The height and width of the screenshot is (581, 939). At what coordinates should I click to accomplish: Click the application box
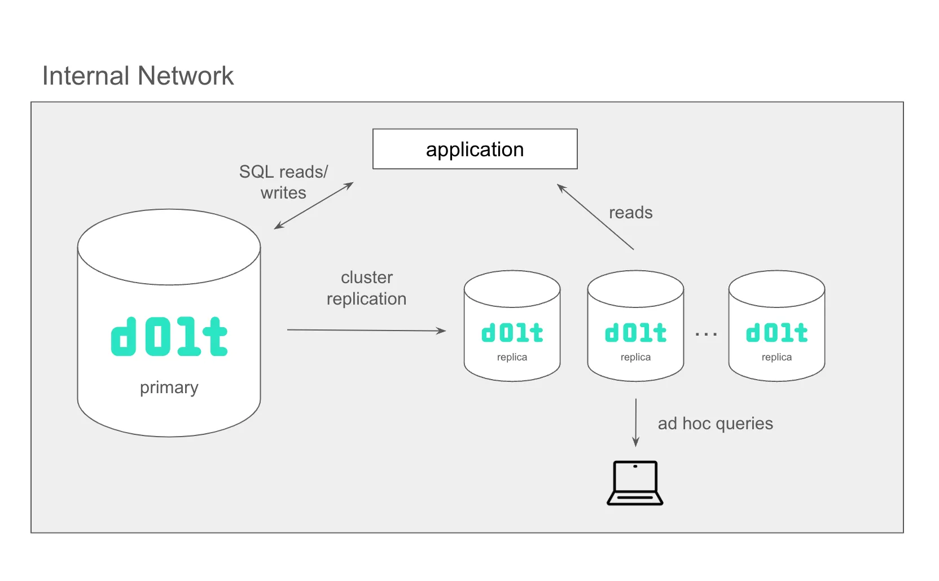(475, 149)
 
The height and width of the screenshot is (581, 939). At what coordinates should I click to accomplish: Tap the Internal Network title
(138, 76)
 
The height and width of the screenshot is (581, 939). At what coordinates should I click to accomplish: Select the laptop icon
(635, 483)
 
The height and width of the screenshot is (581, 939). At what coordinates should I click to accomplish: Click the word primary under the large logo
(169, 388)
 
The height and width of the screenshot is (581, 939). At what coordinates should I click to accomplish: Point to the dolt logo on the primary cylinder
(169, 337)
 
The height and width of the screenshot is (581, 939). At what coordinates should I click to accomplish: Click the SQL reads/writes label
(283, 182)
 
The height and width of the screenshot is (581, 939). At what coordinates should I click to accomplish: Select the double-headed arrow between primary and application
(314, 205)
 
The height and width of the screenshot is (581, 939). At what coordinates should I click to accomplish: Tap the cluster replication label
(366, 288)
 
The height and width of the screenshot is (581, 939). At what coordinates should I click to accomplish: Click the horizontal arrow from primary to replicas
(366, 331)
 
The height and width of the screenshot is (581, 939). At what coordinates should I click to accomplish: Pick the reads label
(630, 213)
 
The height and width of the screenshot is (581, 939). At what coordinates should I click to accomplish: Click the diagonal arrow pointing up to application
(595, 217)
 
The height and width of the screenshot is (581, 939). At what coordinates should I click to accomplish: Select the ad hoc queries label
(715, 424)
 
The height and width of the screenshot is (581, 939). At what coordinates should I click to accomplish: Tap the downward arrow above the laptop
(636, 422)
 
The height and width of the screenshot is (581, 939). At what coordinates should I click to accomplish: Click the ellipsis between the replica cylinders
(706, 334)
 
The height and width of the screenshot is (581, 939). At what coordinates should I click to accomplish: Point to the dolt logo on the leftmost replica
(512, 333)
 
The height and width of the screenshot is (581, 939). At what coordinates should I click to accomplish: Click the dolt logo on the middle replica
(635, 333)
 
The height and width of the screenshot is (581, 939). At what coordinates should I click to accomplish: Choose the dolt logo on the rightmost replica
(776, 333)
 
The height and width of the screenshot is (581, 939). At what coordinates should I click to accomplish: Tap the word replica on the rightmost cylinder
(776, 357)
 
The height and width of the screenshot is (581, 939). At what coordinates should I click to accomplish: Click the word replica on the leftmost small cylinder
(512, 357)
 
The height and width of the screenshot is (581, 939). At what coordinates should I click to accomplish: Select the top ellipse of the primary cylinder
(169, 247)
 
